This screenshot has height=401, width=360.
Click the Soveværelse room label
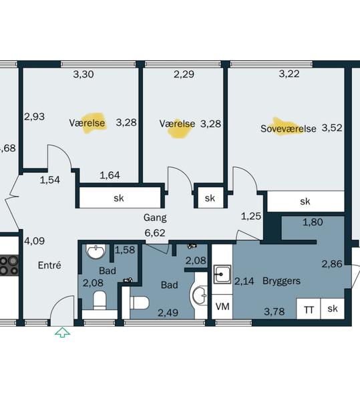click(289, 128)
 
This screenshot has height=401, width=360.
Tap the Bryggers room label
click(281, 281)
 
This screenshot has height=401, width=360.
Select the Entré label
click(49, 265)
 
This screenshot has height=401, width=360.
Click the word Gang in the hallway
click(155, 218)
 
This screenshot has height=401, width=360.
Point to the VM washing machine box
click(222, 306)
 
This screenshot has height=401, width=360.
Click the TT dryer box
click(309, 309)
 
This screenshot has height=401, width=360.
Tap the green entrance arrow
click(63, 333)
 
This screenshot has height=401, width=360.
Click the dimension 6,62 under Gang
click(155, 233)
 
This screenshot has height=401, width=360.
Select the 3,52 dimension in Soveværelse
click(332, 128)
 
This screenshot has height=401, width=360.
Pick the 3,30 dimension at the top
click(83, 74)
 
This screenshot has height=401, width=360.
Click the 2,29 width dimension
click(184, 74)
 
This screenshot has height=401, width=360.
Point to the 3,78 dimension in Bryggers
click(274, 311)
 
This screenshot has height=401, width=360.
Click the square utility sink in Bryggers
click(222, 275)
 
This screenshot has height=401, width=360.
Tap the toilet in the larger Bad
click(139, 303)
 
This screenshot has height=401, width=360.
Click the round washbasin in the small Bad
click(96, 251)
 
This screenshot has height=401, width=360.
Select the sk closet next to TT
click(333, 309)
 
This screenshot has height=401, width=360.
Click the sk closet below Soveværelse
click(305, 202)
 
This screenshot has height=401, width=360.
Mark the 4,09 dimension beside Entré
click(34, 241)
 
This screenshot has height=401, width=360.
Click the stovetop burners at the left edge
click(9, 265)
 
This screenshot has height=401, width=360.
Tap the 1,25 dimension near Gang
click(251, 217)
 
